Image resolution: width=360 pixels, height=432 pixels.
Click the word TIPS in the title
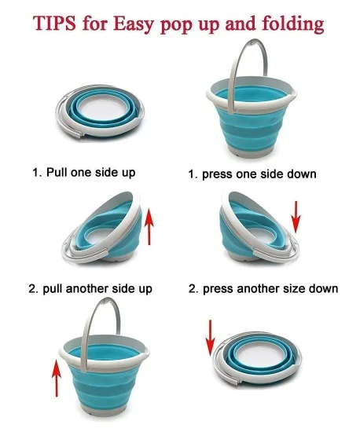tap(54, 24)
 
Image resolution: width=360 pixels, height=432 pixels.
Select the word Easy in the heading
tap(133, 24)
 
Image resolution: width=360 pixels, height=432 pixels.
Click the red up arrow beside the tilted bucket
tap(149, 226)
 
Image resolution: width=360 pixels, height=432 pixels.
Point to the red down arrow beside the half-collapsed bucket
tap(296, 217)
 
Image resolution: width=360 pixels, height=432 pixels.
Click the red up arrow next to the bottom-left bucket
tap(57, 378)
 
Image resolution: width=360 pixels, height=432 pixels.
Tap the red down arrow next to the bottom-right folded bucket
tap(210, 338)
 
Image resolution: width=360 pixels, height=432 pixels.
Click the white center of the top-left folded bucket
tap(100, 107)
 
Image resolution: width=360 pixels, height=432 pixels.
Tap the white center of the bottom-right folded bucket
tap(258, 354)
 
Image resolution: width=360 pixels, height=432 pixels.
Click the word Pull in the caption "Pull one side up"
tap(57, 173)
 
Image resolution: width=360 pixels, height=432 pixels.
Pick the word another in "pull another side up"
tap(86, 289)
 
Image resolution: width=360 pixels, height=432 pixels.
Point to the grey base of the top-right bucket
tap(251, 152)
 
